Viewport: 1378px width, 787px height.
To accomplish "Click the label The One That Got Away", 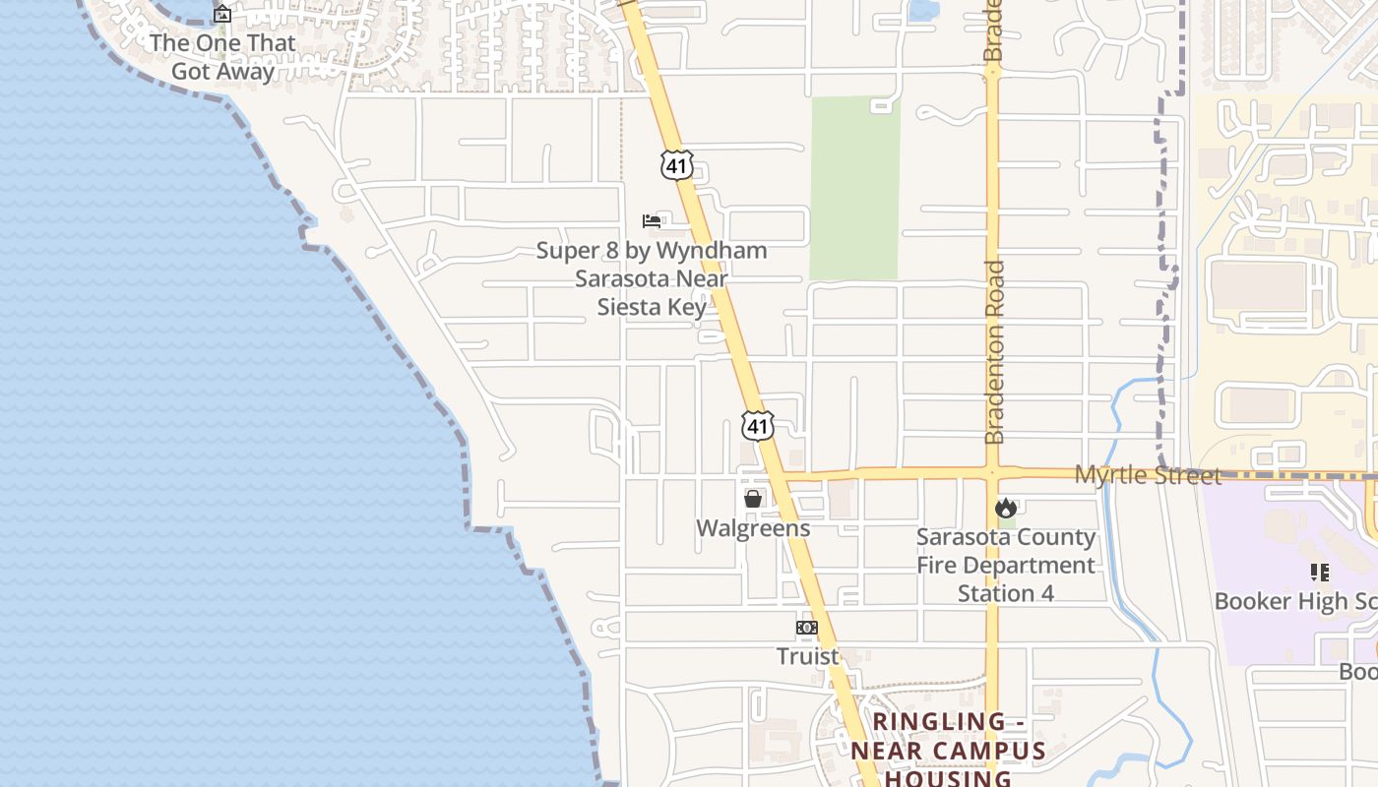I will pyautogui.click(x=221, y=57).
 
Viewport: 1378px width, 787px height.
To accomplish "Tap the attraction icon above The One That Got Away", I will pyautogui.click(x=222, y=14).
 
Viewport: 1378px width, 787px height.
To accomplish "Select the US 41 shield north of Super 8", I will pyautogui.click(x=677, y=165).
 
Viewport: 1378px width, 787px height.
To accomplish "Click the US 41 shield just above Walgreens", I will pyautogui.click(x=758, y=426).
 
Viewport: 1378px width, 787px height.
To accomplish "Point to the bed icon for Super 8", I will pyautogui.click(x=652, y=220).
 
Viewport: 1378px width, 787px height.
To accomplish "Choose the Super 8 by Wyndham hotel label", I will pyautogui.click(x=652, y=278).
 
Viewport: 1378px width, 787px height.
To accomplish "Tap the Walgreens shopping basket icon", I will pyautogui.click(x=753, y=499).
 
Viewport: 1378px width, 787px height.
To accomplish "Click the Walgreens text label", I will pyautogui.click(x=753, y=528).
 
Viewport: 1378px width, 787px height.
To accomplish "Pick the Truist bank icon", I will pyautogui.click(x=807, y=628).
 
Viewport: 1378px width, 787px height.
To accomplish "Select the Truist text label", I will pyautogui.click(x=807, y=656).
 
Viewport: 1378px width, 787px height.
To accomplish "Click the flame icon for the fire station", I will pyautogui.click(x=1005, y=508).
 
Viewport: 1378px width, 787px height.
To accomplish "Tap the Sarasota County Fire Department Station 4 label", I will pyautogui.click(x=1005, y=565).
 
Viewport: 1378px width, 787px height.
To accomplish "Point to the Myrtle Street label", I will pyautogui.click(x=1147, y=475).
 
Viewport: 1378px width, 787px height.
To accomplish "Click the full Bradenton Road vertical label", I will pyautogui.click(x=994, y=351).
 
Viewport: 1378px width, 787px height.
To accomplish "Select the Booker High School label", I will pyautogui.click(x=1294, y=601).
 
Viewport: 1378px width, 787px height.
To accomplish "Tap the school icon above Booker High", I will pyautogui.click(x=1320, y=572).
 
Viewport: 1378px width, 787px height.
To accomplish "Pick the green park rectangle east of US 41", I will pyautogui.click(x=854, y=187).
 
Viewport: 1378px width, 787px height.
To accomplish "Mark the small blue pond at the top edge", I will pyautogui.click(x=923, y=10).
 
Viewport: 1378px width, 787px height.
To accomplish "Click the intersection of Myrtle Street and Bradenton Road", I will pyautogui.click(x=993, y=474).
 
